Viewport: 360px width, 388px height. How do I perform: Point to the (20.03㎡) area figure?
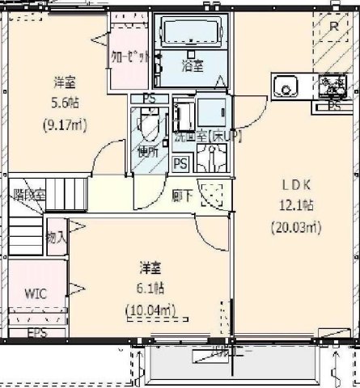point(296,227)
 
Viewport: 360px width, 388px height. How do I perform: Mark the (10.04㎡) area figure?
point(151,309)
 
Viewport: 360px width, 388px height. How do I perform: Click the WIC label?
point(35,293)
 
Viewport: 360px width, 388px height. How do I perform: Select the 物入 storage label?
point(56,238)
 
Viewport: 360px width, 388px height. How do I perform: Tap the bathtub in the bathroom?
point(192,33)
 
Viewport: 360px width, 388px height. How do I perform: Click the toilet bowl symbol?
point(148,126)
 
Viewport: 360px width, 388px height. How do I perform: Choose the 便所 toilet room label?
point(146,151)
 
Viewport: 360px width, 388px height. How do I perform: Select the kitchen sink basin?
point(286,86)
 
